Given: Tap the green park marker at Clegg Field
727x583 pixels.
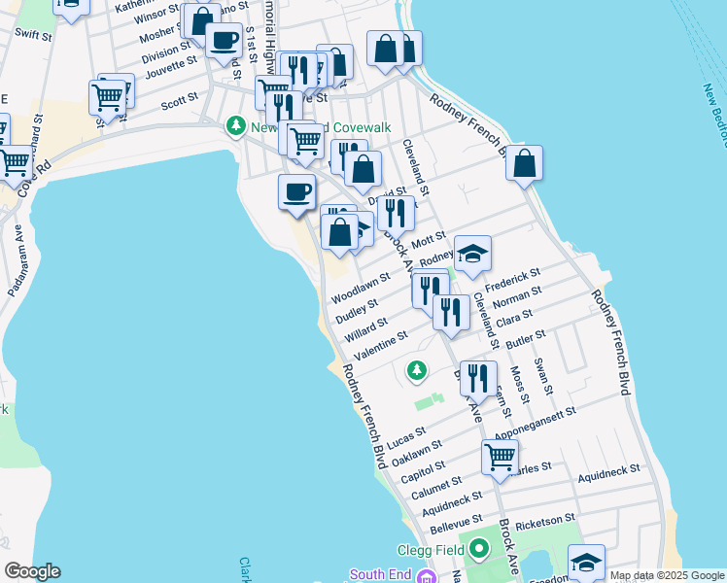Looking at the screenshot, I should coord(478,551).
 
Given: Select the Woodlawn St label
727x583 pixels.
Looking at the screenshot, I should coord(360,288).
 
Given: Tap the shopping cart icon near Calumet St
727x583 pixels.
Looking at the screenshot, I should coord(500,455).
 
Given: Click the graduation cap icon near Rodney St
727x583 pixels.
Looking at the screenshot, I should coord(472,254).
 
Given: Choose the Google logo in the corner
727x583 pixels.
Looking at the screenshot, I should coord(32,571).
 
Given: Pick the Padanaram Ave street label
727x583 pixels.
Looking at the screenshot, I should coord(17,252).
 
